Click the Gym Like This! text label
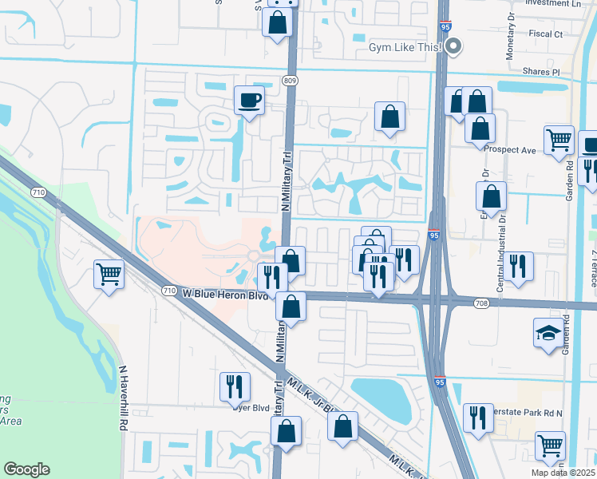[405, 48]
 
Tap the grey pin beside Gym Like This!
[454, 47]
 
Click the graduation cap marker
[548, 332]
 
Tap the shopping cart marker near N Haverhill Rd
[109, 275]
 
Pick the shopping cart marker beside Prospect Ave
[559, 141]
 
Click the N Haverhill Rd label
[124, 399]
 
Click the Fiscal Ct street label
[546, 34]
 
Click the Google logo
[26, 469]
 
